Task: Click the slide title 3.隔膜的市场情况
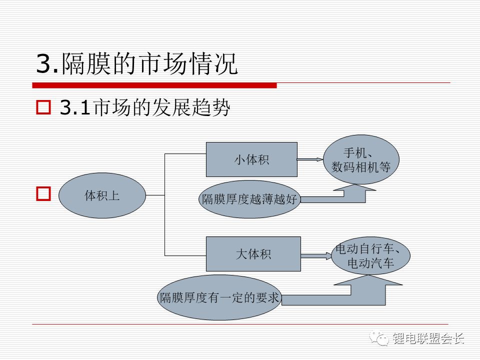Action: pos(136,64)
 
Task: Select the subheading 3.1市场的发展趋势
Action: pos(144,108)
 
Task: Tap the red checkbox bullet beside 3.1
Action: pos(44,107)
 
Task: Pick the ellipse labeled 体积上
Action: pos(102,195)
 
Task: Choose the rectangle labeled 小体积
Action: pos(251,159)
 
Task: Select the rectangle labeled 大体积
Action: pos(253,254)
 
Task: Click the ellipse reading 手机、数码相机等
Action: pos(361,159)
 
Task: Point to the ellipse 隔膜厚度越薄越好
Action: pos(249,199)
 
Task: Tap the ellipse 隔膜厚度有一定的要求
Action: pos(219,297)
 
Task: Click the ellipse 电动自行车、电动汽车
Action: pos(370,255)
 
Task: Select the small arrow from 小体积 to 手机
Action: pos(310,159)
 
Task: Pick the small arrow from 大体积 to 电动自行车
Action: pos(316,256)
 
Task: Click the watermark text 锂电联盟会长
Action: pos(428,339)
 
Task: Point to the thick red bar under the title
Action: pos(155,85)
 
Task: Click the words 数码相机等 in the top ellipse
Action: pos(361,167)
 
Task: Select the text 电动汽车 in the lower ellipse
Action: pos(370,263)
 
